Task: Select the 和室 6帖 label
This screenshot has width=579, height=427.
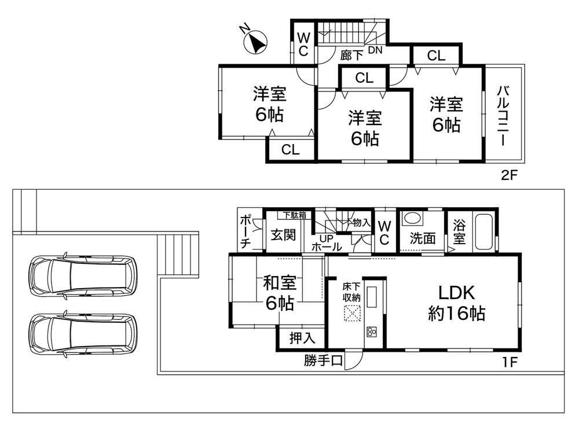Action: click(x=280, y=293)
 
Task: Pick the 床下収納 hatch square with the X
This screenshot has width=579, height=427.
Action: click(x=351, y=313)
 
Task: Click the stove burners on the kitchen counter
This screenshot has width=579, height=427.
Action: click(x=371, y=332)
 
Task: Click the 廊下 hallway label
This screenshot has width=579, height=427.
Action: click(x=351, y=56)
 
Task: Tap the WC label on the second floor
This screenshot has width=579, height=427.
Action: click(x=303, y=44)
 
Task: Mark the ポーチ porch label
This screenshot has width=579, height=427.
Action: click(x=245, y=232)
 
